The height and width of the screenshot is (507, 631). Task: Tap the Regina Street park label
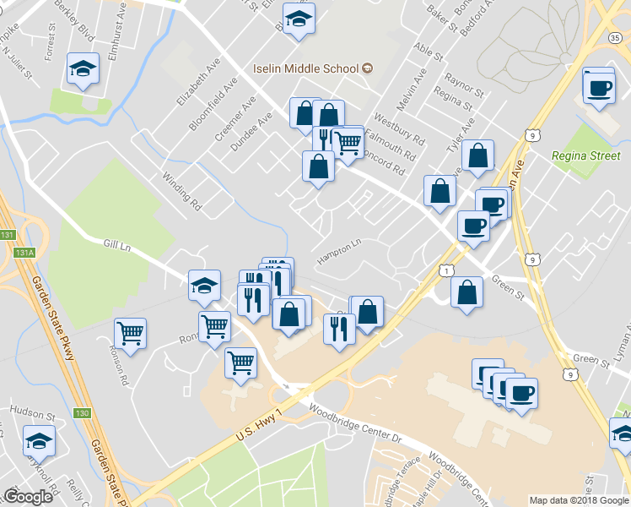click(x=586, y=155)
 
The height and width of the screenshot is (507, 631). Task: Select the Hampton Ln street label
click(x=339, y=248)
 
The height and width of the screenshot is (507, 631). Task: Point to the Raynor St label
click(x=465, y=88)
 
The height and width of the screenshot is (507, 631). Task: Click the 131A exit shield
click(x=24, y=252)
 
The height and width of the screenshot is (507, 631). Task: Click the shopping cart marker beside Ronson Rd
click(x=130, y=333)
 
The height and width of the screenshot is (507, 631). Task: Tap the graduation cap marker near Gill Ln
click(x=203, y=286)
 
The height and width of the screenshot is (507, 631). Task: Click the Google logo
click(x=28, y=497)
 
